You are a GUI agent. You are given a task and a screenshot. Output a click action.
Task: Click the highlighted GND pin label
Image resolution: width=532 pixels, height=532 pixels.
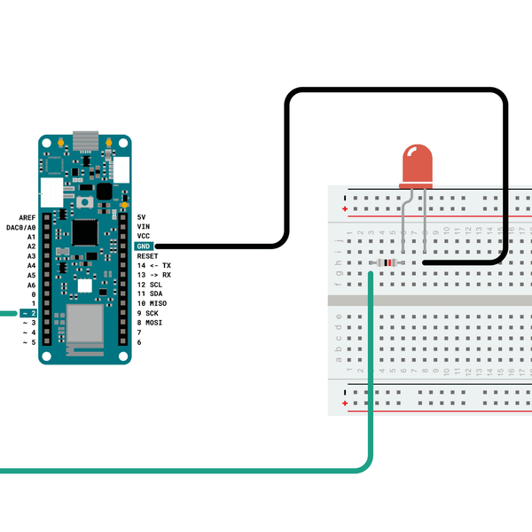[144, 246]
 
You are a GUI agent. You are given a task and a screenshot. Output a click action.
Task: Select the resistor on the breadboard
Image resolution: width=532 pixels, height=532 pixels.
[387, 262]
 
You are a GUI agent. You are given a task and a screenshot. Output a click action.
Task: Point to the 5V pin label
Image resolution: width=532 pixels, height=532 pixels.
[142, 217]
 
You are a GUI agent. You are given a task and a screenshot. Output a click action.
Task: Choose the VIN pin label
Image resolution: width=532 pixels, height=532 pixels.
[143, 227]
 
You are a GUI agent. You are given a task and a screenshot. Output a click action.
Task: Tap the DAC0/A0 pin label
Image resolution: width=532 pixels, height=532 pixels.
[21, 227]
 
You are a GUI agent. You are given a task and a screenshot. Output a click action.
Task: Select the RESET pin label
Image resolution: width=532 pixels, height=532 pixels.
[147, 255]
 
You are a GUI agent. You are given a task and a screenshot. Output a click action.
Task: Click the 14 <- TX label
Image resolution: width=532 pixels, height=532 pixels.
[154, 265]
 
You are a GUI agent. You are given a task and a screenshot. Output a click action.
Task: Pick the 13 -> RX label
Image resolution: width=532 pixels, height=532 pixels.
[154, 275]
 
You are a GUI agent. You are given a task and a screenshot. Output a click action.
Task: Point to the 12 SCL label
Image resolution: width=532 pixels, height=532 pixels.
[150, 285]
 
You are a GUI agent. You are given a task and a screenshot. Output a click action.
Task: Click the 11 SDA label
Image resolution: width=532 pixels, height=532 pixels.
[150, 293]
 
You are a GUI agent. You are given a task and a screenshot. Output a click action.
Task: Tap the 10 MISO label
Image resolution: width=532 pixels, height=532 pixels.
[152, 303]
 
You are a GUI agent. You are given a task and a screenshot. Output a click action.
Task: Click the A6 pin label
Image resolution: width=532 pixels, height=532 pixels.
[31, 285]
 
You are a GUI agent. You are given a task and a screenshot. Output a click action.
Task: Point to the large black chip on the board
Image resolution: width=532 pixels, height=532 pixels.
[84, 231]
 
